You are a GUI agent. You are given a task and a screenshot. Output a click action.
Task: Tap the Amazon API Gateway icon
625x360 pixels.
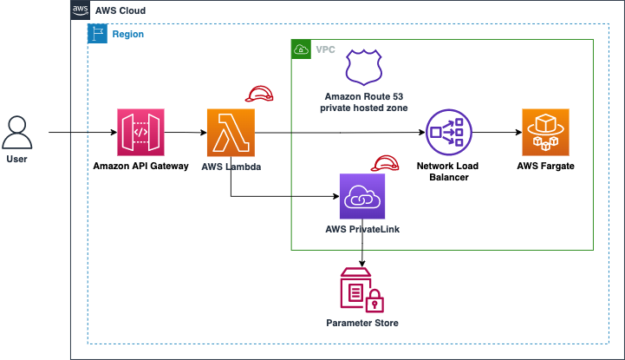click(140, 132)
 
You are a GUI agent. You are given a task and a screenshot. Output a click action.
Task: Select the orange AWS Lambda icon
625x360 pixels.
click(230, 132)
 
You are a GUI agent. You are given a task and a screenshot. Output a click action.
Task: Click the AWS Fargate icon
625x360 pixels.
click(545, 132)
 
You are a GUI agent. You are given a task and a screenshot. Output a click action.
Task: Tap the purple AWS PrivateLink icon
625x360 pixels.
click(362, 197)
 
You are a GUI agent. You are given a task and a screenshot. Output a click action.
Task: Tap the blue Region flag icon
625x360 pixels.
click(97, 34)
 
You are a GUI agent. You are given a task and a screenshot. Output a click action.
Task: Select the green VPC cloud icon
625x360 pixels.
click(301, 49)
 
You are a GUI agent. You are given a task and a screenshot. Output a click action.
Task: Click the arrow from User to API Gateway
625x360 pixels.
click(82, 133)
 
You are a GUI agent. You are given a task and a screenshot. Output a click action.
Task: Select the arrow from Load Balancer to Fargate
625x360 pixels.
click(496, 133)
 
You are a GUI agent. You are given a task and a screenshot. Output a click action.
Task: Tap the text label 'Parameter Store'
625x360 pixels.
click(362, 324)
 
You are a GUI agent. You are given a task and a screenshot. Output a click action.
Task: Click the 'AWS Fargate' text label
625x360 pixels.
click(545, 165)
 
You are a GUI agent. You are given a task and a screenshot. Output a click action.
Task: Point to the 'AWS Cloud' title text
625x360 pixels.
click(120, 10)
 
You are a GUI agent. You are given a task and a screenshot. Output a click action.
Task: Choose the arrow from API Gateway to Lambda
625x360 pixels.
click(185, 133)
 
